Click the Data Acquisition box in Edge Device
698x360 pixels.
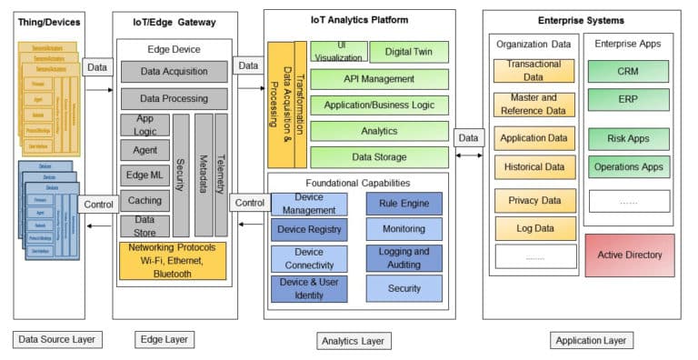(x=174, y=71)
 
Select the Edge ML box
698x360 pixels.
(x=145, y=175)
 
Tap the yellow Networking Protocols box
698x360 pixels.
(x=173, y=260)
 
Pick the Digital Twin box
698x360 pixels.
(x=409, y=54)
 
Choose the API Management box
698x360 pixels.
(x=379, y=79)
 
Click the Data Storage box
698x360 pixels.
(x=379, y=157)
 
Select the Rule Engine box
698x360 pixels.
(x=404, y=203)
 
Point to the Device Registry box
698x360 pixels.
(x=309, y=230)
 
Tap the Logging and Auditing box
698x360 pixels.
(x=404, y=258)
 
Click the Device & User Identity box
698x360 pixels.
(x=309, y=288)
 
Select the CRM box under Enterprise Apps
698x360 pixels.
(x=628, y=71)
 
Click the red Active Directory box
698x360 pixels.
(x=630, y=255)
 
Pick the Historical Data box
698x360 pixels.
(x=535, y=167)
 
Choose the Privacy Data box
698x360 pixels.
(x=535, y=199)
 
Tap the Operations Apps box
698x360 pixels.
(x=628, y=167)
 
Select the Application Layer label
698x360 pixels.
(x=591, y=340)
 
